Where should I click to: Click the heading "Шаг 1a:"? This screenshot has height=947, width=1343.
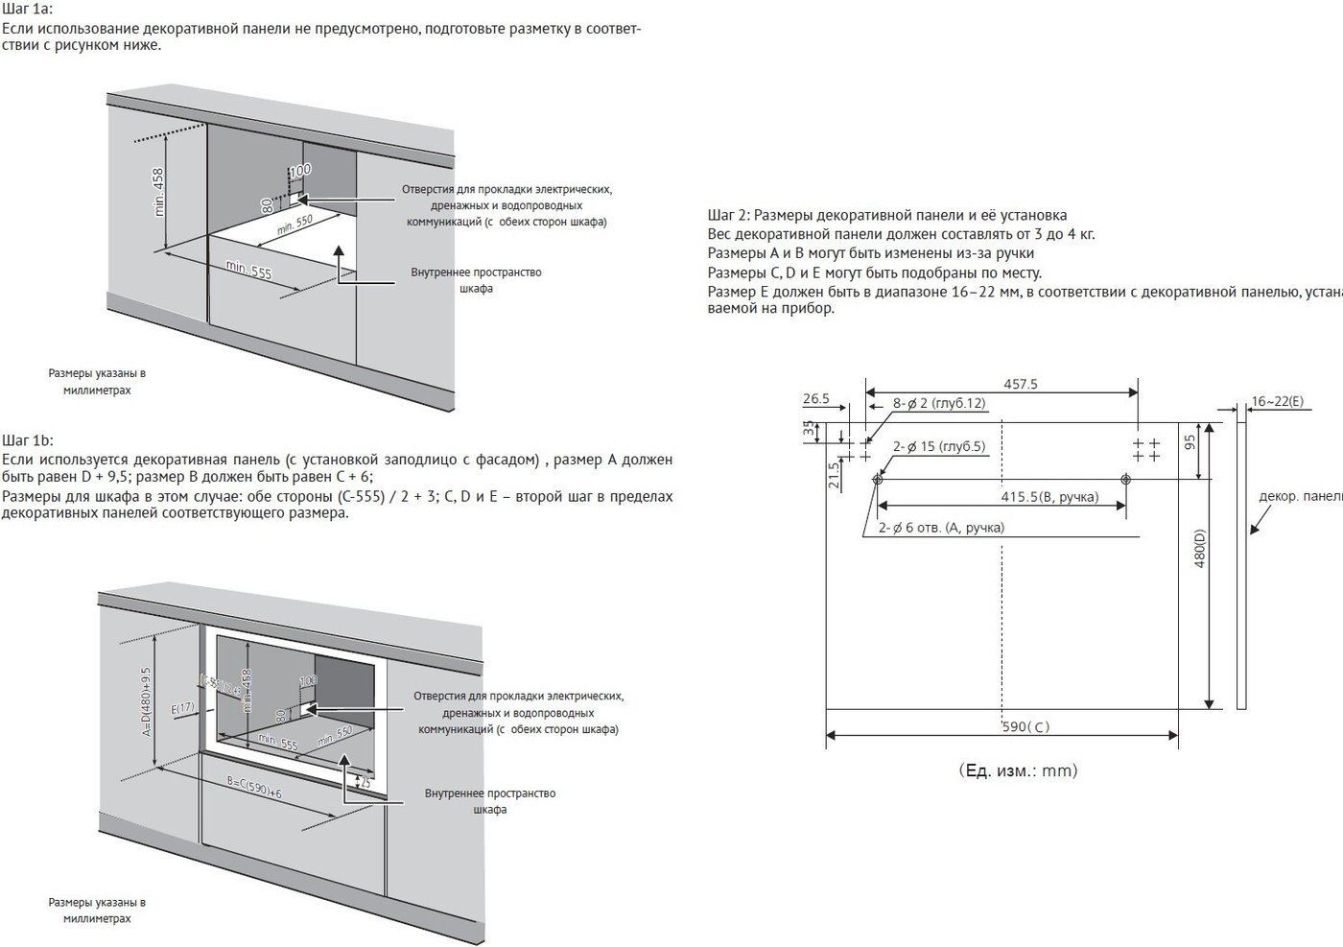pos(28,9)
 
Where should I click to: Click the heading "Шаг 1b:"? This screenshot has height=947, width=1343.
pos(29,440)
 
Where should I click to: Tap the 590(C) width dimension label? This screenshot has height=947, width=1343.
pos(1025,726)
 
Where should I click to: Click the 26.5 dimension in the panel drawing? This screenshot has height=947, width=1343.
pos(816,398)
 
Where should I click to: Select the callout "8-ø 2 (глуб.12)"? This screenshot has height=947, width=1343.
pos(939,404)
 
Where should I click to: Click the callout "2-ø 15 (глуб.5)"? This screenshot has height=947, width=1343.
pos(939,446)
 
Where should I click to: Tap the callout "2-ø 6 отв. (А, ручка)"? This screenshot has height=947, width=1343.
pos(941,527)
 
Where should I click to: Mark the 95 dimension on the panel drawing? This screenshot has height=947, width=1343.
pos(1190,441)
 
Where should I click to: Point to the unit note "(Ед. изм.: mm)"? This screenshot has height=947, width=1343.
pos(1017,770)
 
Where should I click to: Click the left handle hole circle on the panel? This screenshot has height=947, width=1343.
pos(877,479)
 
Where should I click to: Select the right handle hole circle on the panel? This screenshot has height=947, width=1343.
pos(1125,479)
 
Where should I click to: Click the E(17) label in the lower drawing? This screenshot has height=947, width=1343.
pos(183,709)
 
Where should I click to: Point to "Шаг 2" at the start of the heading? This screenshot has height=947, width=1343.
pos(727,215)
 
